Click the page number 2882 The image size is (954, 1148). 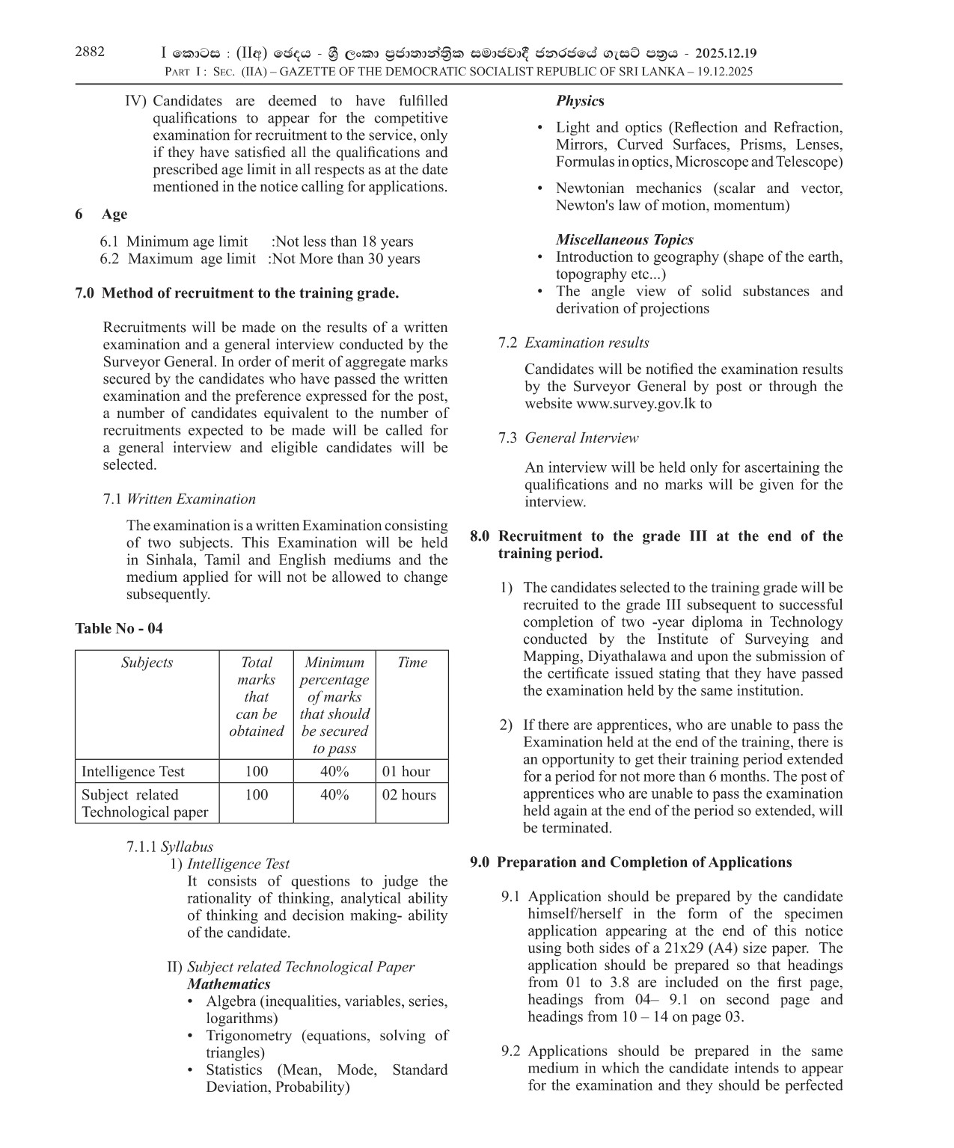(x=90, y=52)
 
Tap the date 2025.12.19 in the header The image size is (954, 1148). (x=725, y=54)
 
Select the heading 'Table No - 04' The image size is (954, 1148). (x=118, y=628)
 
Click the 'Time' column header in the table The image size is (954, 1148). (x=412, y=663)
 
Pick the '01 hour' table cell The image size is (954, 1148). (x=406, y=772)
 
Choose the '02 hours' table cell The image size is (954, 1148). (x=409, y=795)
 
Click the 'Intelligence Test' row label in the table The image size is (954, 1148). (x=132, y=772)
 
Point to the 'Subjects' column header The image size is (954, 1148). (x=147, y=663)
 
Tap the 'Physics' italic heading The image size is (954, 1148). (x=580, y=101)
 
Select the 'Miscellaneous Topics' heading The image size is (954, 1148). (x=624, y=240)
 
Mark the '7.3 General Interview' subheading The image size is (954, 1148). (x=568, y=438)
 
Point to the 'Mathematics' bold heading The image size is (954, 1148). (x=228, y=984)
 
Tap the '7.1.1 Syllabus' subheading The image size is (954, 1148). (x=170, y=847)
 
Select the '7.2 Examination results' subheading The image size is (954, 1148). (x=573, y=343)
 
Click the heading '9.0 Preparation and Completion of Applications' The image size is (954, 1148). (x=631, y=862)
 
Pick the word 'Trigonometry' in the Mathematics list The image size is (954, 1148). (x=249, y=1036)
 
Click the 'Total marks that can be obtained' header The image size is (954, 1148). (x=256, y=697)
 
